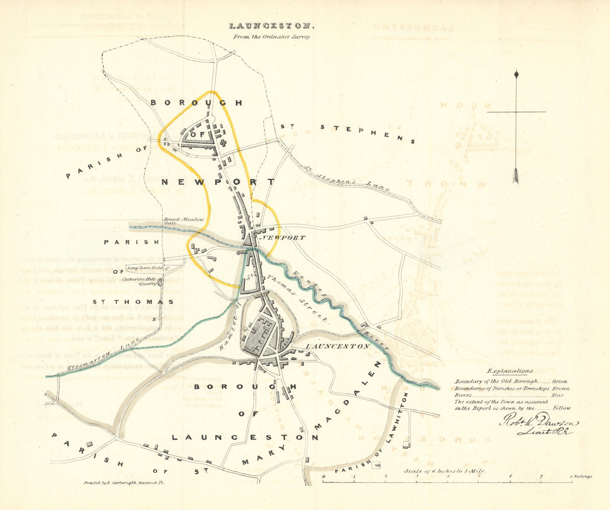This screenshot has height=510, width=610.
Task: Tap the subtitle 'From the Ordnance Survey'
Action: (x=272, y=37)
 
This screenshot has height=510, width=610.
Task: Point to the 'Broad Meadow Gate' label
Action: (x=183, y=221)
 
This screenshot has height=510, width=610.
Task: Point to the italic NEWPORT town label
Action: (x=282, y=238)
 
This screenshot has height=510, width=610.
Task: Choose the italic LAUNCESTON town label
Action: (x=338, y=346)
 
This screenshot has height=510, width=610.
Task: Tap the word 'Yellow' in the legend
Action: (x=562, y=408)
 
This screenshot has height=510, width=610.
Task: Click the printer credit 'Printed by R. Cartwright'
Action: (x=124, y=483)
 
